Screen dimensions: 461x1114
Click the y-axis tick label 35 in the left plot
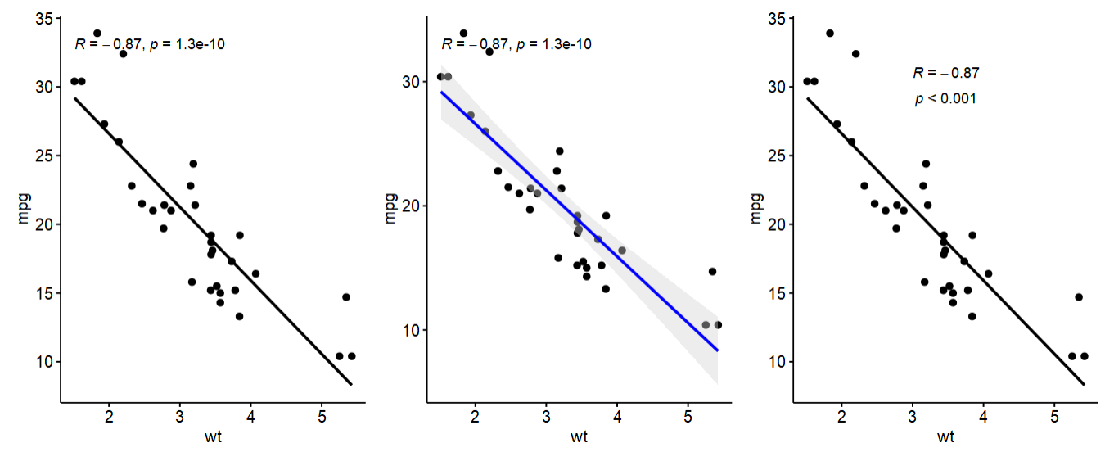pyautogui.click(x=45, y=19)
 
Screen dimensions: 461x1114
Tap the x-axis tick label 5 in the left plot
pyautogui.click(x=322, y=417)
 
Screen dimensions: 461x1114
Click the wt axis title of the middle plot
pyautogui.click(x=579, y=436)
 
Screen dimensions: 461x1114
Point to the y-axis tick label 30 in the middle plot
pyautogui.click(x=410, y=82)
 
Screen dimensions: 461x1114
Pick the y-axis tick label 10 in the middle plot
pyautogui.click(x=410, y=330)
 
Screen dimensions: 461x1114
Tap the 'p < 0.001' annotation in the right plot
pyautogui.click(x=945, y=99)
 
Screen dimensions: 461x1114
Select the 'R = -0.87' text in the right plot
pyautogui.click(x=946, y=73)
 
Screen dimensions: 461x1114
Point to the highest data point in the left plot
pyautogui.click(x=97, y=34)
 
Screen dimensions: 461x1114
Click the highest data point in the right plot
pyautogui.click(x=830, y=34)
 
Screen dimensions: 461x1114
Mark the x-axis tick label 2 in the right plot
pyautogui.click(x=841, y=417)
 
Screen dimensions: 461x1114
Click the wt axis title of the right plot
pyautogui.click(x=945, y=436)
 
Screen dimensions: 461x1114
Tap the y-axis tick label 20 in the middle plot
pyautogui.click(x=410, y=206)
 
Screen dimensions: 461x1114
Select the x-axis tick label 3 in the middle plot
pyautogui.click(x=546, y=417)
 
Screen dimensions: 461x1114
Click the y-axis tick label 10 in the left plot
pyautogui.click(x=45, y=362)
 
